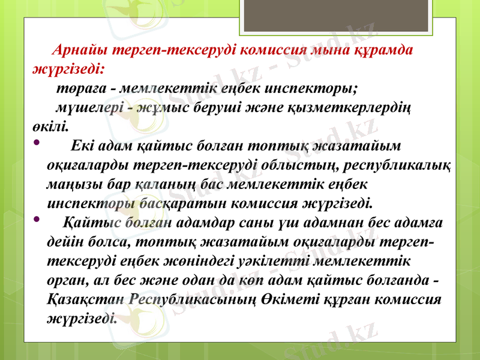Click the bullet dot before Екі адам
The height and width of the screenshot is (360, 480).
click(x=37, y=143)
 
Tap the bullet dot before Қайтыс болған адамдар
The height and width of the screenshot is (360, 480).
click(x=37, y=218)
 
